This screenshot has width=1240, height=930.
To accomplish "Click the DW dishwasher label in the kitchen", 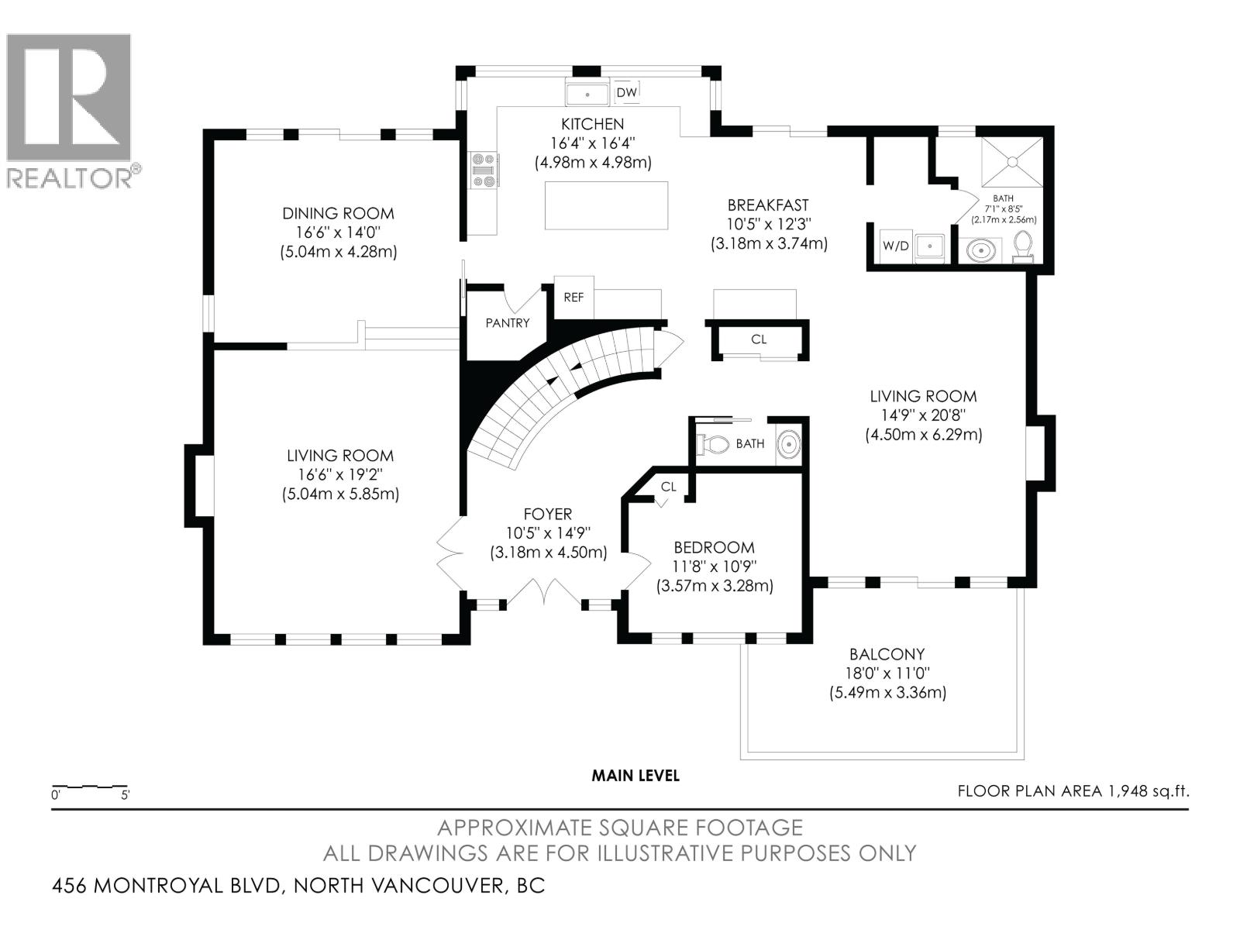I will [626, 93].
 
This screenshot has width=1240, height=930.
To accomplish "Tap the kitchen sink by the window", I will [587, 94].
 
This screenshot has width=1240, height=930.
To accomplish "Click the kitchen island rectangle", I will [606, 205].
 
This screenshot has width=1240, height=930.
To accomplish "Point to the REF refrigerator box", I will [573, 297].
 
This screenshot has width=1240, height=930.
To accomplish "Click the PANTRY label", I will [508, 323].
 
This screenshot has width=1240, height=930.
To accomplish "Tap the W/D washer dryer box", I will [896, 246].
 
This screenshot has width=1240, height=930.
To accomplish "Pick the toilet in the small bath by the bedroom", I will [714, 444].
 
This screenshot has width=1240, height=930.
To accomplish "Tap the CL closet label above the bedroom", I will [668, 487].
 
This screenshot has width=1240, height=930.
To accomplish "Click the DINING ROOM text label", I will [338, 213].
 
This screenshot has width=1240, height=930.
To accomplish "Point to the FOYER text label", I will [547, 514].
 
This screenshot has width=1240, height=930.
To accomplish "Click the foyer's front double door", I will [546, 592].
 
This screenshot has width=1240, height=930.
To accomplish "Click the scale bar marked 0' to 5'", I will [89, 787].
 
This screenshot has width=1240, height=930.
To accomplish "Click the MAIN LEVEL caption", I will [635, 776].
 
